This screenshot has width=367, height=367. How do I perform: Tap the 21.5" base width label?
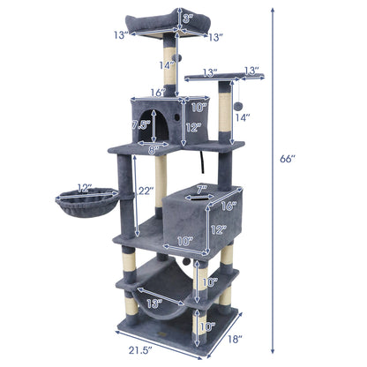135,350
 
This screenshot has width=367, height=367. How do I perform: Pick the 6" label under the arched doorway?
153,148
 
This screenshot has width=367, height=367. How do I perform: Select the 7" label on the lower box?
200,187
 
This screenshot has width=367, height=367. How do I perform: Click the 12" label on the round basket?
85,188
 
